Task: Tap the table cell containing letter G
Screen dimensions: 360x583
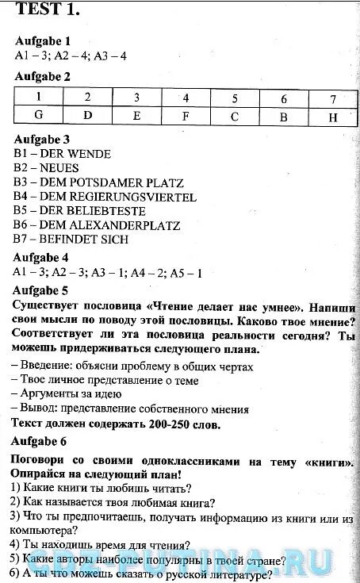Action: pos(38,115)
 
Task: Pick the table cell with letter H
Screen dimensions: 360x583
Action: pos(332,116)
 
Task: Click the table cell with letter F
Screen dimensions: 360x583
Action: pos(186,116)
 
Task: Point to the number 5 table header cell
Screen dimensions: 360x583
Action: pos(235,98)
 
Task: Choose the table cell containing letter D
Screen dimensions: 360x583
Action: pos(87,115)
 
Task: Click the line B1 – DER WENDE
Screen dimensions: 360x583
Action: pos(63,154)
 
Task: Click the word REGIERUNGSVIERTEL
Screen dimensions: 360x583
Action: pos(134,197)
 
